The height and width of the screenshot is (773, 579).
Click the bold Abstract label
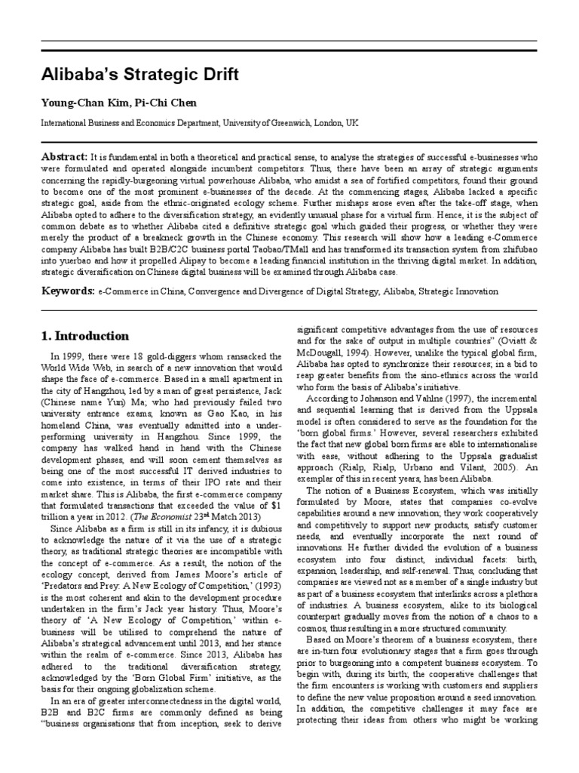64,153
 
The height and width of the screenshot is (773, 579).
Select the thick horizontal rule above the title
289,50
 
